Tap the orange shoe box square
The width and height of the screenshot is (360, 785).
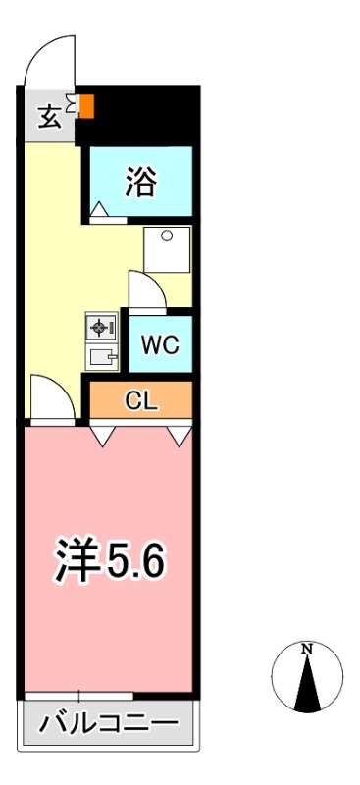(86, 105)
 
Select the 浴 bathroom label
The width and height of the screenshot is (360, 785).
(141, 182)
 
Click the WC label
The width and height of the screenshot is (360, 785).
(159, 345)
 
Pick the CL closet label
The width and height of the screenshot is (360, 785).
(140, 399)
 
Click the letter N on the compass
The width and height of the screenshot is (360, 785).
(307, 649)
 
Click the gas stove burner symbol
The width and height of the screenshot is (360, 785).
(102, 327)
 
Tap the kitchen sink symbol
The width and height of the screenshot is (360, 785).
(102, 357)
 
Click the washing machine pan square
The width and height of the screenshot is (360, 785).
(167, 249)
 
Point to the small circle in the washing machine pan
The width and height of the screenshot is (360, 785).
(167, 235)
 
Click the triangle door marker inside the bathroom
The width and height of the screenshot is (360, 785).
(99, 209)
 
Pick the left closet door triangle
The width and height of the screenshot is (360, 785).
(101, 436)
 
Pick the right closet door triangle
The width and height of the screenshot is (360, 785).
(179, 436)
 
